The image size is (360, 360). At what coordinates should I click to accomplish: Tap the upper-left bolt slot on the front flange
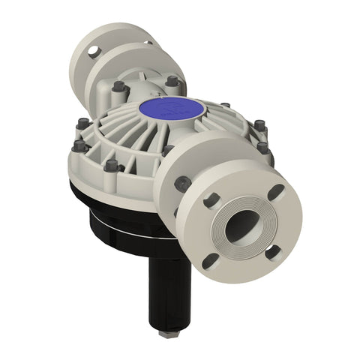tap(211, 199)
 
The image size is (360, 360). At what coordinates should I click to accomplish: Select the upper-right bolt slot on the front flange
tap(275, 192)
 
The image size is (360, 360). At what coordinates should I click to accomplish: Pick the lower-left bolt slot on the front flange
tap(211, 259)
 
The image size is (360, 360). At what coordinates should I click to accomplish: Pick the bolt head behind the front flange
tap(181, 182)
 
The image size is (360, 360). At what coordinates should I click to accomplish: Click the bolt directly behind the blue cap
tap(172, 80)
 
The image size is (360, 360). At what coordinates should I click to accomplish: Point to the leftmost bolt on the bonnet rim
tap(79, 146)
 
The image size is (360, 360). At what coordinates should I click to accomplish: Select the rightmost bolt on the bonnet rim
tap(262, 148)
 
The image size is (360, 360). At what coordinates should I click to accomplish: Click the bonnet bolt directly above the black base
tap(112, 164)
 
